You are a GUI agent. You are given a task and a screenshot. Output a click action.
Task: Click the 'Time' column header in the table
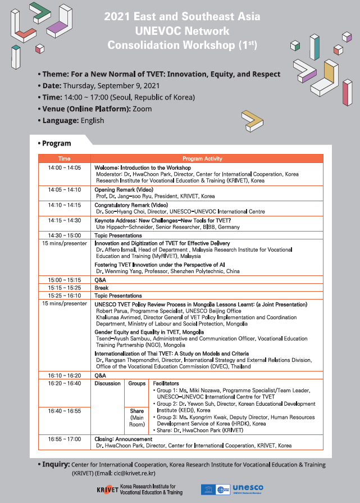coord(65,158)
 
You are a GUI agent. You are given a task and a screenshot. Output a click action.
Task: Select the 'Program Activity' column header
coord(206,158)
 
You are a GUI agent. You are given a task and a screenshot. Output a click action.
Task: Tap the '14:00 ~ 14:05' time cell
coord(65,167)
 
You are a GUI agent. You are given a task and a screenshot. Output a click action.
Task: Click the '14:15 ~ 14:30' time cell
coord(65,220)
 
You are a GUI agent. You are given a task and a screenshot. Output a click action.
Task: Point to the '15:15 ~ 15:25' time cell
coord(65,288)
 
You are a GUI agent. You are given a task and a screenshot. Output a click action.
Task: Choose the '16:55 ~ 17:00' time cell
coord(65,439)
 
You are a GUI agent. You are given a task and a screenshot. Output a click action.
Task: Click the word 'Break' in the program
coord(102,288)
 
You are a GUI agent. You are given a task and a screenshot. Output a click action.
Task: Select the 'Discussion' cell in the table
coord(107,383)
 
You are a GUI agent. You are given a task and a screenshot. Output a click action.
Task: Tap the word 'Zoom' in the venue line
coord(142,108)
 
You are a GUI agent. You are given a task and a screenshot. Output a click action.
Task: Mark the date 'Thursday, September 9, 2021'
coord(111,86)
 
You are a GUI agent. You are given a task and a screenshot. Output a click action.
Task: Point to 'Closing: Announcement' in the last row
coord(124,439)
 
